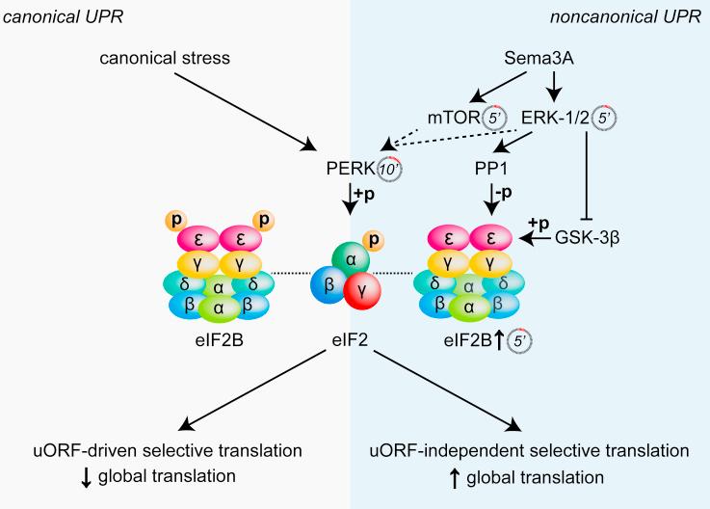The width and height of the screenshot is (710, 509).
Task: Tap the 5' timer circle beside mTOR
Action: [x=493, y=118]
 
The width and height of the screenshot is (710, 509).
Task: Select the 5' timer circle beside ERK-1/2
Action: [x=602, y=118]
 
